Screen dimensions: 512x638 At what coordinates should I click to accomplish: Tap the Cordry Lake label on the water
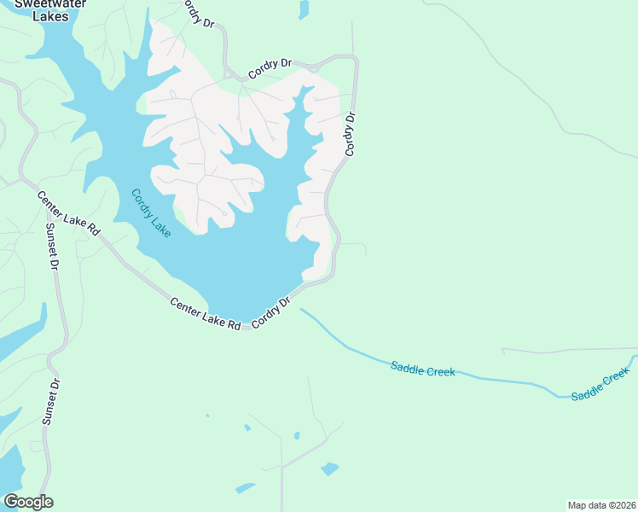[149, 212]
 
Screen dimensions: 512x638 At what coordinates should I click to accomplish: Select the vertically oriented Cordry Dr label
[350, 134]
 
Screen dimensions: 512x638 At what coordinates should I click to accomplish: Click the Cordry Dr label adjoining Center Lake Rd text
[272, 313]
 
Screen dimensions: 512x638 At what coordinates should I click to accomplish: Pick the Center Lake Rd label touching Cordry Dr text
[206, 313]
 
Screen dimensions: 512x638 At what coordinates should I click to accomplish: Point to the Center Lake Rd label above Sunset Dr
[69, 213]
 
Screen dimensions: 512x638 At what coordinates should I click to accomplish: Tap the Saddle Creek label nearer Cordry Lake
[422, 369]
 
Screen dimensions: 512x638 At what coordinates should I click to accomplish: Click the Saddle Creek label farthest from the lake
[600, 384]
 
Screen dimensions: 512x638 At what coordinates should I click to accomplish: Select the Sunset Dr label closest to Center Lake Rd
[52, 248]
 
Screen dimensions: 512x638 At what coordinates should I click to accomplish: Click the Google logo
[28, 502]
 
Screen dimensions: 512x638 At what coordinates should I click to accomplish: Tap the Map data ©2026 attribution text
[601, 504]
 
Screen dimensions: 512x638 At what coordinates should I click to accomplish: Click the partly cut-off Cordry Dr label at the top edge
[199, 12]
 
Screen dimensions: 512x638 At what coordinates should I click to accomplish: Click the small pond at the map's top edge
[304, 9]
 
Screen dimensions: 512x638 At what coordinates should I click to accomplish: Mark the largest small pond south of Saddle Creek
[329, 468]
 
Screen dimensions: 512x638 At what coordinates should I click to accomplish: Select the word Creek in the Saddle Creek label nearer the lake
[439, 371]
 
